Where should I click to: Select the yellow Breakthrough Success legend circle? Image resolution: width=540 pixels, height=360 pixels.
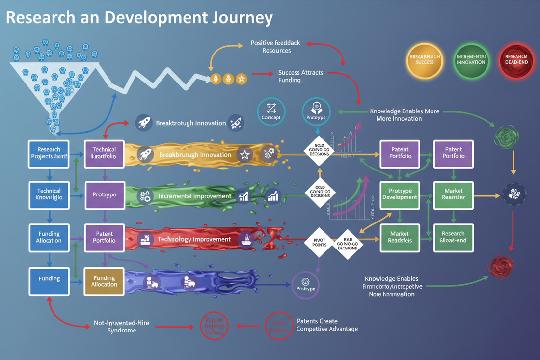(425, 60)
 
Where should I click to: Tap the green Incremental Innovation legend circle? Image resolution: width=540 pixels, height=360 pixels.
(471, 60)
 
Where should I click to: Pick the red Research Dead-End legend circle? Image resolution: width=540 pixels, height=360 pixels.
(516, 60)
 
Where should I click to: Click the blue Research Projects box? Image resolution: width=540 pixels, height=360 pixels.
(49, 153)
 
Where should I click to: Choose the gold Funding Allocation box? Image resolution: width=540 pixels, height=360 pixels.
(104, 281)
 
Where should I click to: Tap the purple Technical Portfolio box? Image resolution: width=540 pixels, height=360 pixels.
(104, 153)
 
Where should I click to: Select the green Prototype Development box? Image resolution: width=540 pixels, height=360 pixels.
(400, 194)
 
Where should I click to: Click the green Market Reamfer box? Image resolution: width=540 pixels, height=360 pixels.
(454, 194)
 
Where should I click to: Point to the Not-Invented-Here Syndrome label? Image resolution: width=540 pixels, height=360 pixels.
(121, 327)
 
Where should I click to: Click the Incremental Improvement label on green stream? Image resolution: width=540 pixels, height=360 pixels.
(194, 196)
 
